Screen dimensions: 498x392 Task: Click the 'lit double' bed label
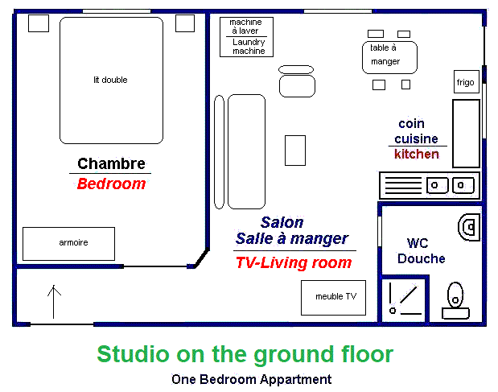(110, 80)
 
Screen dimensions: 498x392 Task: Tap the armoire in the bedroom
(68, 244)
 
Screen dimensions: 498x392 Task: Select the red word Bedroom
(112, 184)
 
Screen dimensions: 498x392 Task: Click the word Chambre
(112, 163)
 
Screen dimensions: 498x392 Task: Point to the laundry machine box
(246, 37)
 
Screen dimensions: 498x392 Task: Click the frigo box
(467, 81)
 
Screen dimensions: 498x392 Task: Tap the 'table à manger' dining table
(389, 57)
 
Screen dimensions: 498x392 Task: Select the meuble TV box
(334, 298)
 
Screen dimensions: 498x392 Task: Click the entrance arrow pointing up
(54, 302)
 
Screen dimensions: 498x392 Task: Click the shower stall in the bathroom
(403, 299)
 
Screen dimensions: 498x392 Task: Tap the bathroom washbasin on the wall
(469, 227)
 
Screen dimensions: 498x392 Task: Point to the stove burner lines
(403, 185)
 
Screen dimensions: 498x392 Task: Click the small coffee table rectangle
(295, 151)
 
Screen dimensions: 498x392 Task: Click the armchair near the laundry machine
(297, 81)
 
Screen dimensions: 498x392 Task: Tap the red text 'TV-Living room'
(294, 262)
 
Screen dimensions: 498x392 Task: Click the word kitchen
(417, 154)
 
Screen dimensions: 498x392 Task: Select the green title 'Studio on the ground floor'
(245, 354)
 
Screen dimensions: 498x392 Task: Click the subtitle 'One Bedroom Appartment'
(251, 380)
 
